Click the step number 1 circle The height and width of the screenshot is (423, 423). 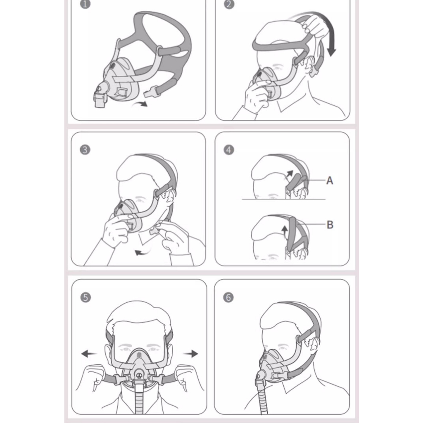(85, 4)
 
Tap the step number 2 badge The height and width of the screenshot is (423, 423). (229, 4)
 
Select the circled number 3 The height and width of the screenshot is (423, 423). (85, 150)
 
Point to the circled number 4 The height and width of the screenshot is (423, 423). (229, 150)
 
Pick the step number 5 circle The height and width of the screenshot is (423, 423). (86, 297)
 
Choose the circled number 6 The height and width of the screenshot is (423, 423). (228, 297)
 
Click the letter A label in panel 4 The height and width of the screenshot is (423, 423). (330, 181)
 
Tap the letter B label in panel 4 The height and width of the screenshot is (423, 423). (330, 225)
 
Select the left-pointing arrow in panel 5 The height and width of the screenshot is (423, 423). (89, 354)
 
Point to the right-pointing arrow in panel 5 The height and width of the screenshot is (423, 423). (191, 354)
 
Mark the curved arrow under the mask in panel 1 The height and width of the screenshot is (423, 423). (140, 104)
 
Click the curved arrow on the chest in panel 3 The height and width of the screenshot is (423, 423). (142, 252)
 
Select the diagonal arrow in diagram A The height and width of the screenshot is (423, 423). (289, 175)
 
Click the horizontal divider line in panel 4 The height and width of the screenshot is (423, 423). (283, 199)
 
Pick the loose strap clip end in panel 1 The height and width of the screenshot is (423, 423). (150, 92)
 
